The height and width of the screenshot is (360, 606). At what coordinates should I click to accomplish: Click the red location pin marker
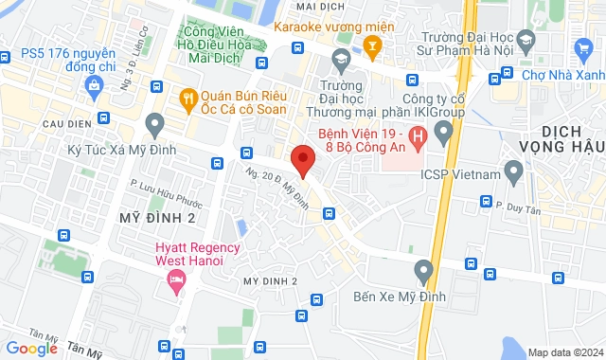(302, 160)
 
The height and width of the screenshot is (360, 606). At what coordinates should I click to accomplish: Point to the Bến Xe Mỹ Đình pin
(423, 272)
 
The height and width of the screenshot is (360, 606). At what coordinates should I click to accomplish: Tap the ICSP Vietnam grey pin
(514, 172)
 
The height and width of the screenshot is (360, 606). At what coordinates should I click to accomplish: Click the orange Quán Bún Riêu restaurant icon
(188, 97)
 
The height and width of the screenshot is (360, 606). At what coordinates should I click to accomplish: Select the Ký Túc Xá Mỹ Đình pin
(154, 123)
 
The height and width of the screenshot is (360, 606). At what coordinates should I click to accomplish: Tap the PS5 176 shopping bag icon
(94, 87)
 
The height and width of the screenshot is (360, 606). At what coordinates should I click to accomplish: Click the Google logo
(31, 348)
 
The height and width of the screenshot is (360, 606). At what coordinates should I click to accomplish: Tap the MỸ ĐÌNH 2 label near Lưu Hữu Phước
(157, 217)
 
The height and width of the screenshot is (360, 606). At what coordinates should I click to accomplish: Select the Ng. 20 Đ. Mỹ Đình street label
(288, 188)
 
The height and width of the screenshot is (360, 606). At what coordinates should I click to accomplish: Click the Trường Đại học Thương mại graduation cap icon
(339, 62)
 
